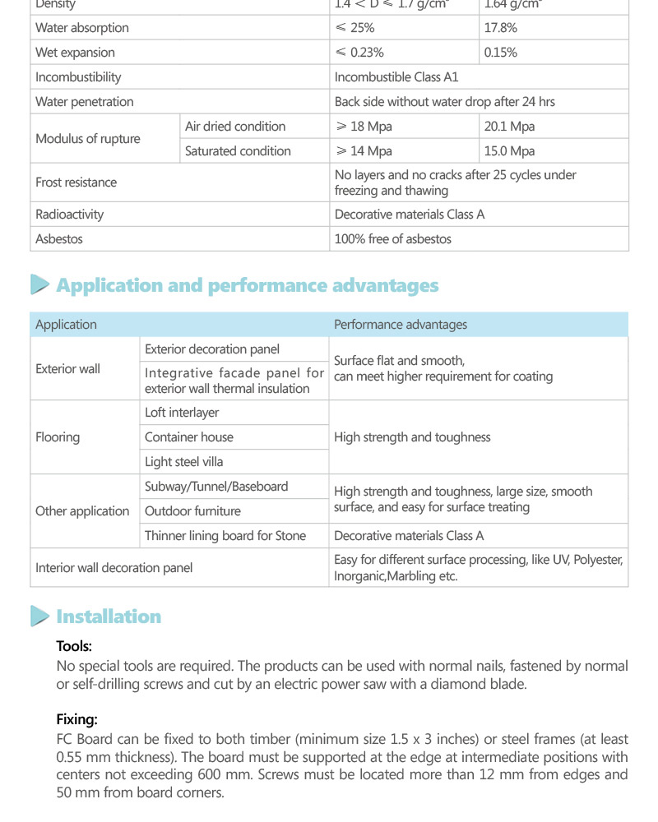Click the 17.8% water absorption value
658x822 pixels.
[x=501, y=28]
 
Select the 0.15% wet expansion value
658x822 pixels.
[x=501, y=53]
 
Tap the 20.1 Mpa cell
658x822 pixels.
[x=510, y=127]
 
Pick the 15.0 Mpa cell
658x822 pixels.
[x=510, y=151]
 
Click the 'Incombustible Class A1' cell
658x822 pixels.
[x=396, y=77]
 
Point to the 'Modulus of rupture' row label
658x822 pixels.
[x=88, y=139]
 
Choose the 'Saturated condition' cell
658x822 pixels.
[x=238, y=151]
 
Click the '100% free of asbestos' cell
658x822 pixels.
[x=392, y=239]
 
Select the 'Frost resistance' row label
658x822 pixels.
[x=76, y=182]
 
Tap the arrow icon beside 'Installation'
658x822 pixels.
[x=39, y=616]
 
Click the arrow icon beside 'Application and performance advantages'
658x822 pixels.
[x=39, y=285]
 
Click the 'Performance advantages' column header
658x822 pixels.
[x=400, y=325]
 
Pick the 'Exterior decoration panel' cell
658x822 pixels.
[x=212, y=349]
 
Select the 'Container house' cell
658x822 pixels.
[x=189, y=437]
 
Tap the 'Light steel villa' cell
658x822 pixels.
[x=183, y=462]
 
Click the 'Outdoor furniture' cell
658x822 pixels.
[x=192, y=511]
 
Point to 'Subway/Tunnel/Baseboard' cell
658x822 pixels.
[x=216, y=487]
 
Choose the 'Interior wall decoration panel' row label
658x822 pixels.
[x=114, y=568]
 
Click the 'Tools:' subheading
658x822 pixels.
[x=74, y=647]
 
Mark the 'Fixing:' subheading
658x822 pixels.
[x=76, y=720]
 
